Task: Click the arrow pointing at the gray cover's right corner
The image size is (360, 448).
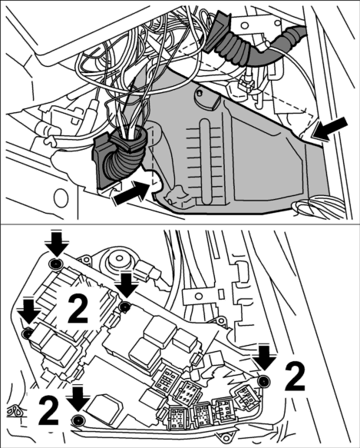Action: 331,129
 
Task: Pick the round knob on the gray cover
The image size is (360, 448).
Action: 206,99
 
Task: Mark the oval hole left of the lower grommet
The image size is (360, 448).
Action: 61,199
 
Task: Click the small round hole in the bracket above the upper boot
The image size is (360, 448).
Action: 244,25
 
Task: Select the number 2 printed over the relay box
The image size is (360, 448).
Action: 78,309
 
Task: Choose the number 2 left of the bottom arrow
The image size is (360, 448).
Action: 49,410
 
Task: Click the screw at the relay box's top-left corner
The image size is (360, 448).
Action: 55,264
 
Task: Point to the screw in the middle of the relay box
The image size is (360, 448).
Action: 125,307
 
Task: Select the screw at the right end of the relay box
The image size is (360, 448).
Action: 263,381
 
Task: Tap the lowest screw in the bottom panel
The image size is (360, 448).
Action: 77,420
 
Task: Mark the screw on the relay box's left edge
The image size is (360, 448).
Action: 28,334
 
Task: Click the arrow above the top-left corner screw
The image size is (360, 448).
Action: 57,244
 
